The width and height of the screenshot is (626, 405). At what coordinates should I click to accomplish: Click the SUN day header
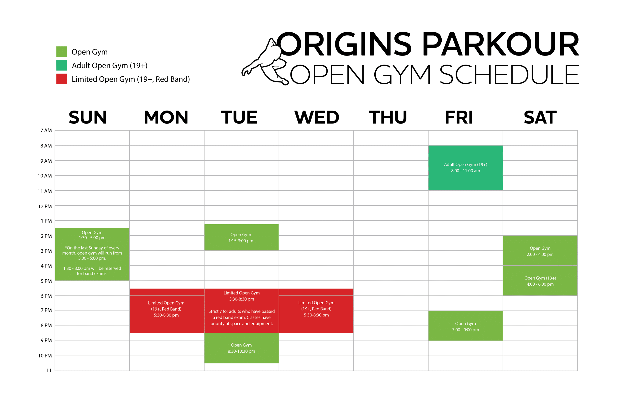point(88,117)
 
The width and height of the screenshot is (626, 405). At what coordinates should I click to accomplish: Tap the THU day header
point(388,117)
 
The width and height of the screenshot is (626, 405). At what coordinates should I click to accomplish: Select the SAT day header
point(540,117)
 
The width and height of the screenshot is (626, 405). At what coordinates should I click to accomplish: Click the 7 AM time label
point(46,130)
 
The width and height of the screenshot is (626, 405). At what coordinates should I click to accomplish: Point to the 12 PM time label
point(45,206)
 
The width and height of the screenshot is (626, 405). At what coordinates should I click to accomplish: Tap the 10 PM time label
point(45,356)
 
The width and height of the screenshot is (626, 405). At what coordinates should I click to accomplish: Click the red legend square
point(62,79)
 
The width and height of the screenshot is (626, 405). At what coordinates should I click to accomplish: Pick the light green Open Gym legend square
point(62,52)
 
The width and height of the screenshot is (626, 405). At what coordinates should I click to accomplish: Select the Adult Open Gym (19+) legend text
point(110,66)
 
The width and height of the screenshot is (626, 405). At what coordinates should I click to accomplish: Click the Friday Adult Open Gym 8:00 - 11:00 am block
point(465,168)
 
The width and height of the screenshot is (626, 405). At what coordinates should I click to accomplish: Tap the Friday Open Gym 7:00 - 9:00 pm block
point(465,326)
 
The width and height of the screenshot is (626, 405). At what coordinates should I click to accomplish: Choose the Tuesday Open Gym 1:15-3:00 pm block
point(241,237)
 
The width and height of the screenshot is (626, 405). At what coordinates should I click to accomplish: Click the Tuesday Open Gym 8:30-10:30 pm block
point(241,348)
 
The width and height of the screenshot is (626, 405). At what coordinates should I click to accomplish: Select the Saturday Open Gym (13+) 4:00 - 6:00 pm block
point(540,281)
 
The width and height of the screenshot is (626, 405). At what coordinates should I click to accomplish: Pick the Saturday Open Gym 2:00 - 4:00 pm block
point(540,251)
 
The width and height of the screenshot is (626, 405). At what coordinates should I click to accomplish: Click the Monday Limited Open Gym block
point(167,311)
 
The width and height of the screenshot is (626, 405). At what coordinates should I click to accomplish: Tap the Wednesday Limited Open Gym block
point(316,311)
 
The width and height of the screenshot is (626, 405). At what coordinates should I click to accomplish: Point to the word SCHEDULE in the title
point(509,74)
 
